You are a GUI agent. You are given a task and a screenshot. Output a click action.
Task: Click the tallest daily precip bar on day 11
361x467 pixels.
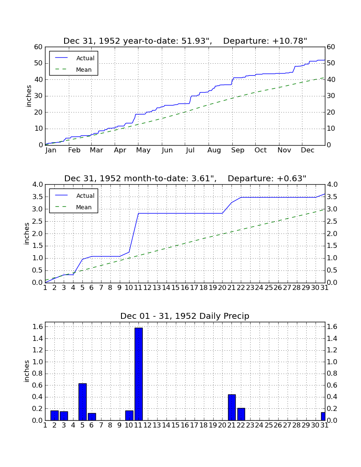tap(138, 374)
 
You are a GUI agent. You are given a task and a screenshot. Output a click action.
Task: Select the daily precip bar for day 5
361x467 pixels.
tap(82, 402)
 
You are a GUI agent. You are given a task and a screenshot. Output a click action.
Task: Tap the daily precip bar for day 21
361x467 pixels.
tap(232, 408)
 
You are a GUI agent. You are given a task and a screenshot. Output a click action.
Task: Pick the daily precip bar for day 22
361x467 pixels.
tap(241, 414)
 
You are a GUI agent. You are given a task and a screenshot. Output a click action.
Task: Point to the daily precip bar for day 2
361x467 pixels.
tap(54, 416)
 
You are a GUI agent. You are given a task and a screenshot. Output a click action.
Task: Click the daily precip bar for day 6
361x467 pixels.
tap(92, 416)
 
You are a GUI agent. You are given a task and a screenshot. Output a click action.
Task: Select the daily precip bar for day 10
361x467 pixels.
tap(129, 416)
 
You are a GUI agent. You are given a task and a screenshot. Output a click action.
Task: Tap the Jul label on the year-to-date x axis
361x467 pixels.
tap(190, 150)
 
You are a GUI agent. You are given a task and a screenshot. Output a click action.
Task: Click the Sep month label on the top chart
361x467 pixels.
tap(237, 150)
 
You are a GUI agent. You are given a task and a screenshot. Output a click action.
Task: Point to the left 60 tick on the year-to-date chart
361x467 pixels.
tap(39, 47)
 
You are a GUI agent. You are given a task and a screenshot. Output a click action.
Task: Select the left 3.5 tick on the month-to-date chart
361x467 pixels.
tap(37, 197)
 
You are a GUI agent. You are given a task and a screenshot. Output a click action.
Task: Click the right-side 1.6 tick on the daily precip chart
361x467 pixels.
tap(332, 327)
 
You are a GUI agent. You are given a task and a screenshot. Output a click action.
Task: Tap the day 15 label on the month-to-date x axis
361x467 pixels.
tap(175, 288)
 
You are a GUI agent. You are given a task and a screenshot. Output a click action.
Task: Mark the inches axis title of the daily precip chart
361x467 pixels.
tap(26, 371)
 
